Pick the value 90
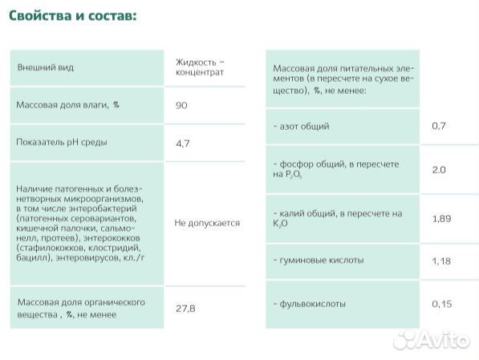pos(181,105)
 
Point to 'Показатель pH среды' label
pos(62,142)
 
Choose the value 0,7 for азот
pos(438,127)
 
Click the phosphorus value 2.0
pos(438,170)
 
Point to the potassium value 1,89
pos(441,218)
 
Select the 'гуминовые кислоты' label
pos(319,261)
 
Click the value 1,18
pos(441,261)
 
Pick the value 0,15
pos(441,305)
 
